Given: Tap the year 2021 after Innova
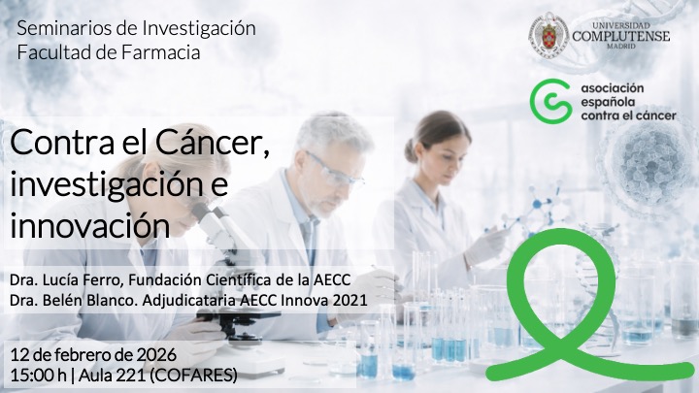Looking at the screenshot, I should pyautogui.click(x=349, y=300).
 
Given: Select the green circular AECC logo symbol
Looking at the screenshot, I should pyautogui.click(x=548, y=103).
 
